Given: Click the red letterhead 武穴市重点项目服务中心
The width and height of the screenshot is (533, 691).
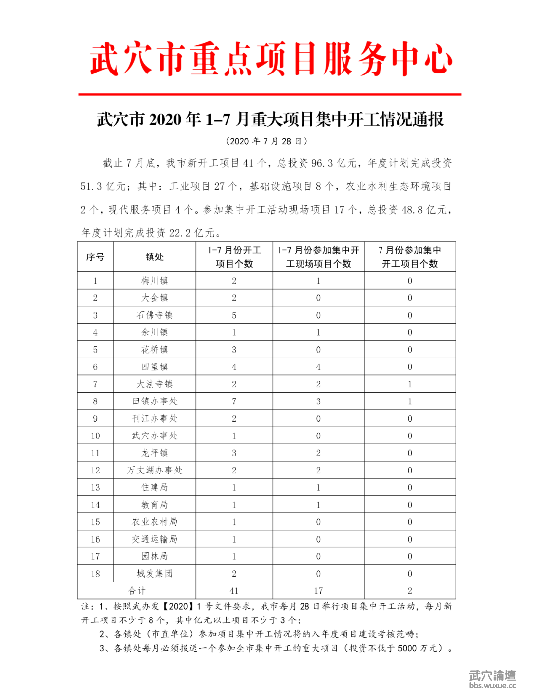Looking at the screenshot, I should click(x=270, y=60).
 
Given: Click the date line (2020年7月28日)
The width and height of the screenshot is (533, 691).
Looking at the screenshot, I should click(x=266, y=141).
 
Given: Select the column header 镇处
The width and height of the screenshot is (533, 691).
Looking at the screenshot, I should click(x=154, y=257).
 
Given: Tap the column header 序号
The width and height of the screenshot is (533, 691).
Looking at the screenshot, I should click(x=95, y=257).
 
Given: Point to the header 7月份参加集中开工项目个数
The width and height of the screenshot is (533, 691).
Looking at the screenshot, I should click(x=410, y=257).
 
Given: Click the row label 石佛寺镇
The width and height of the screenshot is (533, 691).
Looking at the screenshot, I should click(x=154, y=315).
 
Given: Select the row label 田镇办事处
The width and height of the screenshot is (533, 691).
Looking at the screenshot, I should click(x=154, y=401).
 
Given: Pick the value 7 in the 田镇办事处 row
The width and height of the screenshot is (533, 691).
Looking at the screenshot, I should click(x=234, y=401).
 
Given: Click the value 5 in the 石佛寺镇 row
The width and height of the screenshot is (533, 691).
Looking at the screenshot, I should click(x=234, y=315).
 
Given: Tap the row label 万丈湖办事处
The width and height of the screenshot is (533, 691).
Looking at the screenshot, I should click(x=154, y=470).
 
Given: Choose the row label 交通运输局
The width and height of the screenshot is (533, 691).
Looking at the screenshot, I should click(x=154, y=539).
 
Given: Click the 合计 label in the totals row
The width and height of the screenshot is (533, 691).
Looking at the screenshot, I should click(x=137, y=591).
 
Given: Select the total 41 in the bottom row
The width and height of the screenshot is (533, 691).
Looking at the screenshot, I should click(x=234, y=591).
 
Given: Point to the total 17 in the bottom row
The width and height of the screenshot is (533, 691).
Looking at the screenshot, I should click(x=318, y=591).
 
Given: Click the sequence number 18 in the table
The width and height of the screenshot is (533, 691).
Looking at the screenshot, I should click(x=95, y=574).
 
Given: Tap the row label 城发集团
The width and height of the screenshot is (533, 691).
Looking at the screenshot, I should click(x=154, y=574).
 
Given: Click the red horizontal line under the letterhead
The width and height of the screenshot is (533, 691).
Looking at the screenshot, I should click(x=270, y=94).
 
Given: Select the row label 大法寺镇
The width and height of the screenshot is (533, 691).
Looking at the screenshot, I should click(x=154, y=384).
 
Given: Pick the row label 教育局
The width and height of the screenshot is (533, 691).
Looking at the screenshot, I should click(x=154, y=505).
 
